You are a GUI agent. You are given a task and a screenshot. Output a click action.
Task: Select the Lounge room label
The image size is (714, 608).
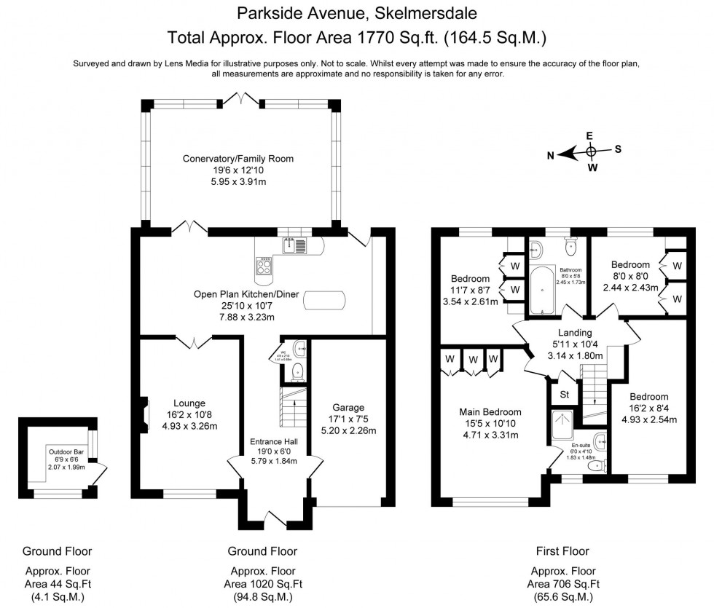[189, 403]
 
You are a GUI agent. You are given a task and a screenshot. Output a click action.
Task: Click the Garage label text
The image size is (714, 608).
[348, 408]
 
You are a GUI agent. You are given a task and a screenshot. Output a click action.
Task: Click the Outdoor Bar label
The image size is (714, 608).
[67, 451]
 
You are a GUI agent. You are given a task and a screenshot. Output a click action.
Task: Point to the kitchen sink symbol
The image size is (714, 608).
[295, 246]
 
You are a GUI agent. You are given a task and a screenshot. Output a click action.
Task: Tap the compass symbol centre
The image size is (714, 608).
[592, 151]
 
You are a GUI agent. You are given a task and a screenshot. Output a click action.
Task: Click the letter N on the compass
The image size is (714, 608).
[552, 154]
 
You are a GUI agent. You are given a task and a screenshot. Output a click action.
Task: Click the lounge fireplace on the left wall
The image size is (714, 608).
[144, 409]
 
